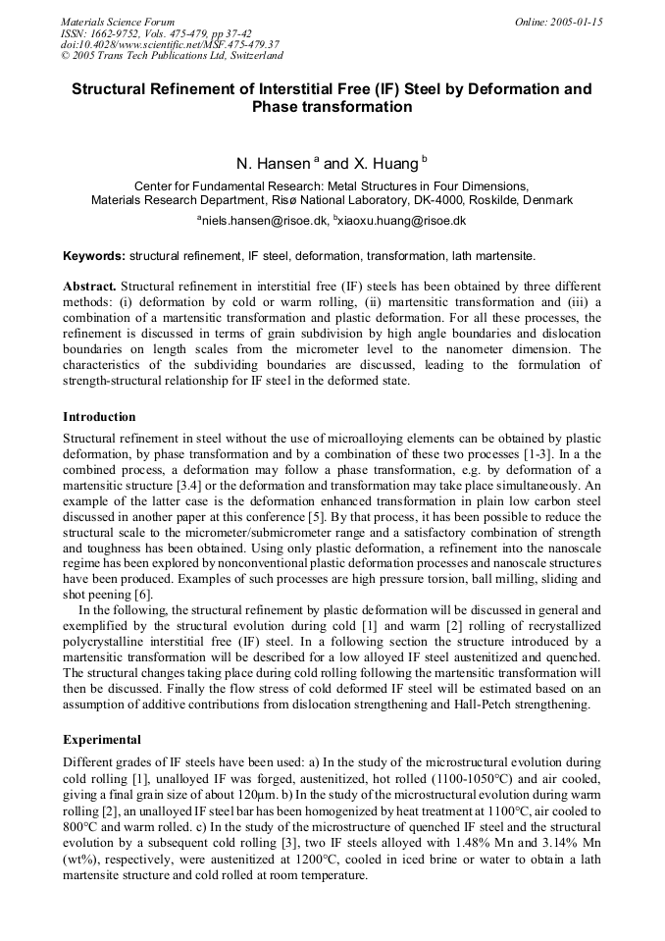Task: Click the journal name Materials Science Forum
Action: [118, 22]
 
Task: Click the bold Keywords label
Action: [94, 256]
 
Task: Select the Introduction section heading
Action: [99, 417]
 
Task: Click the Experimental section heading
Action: [102, 739]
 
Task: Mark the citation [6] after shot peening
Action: [142, 568]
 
